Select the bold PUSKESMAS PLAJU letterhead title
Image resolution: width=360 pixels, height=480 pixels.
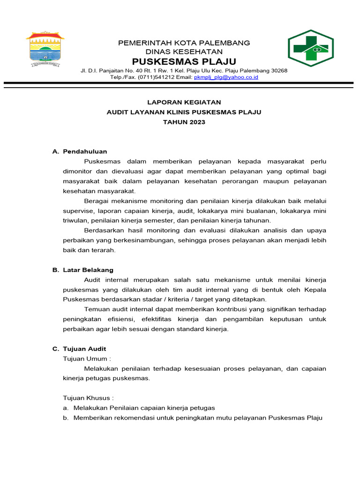point(184,62)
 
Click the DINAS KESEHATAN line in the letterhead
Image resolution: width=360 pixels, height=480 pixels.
point(184,52)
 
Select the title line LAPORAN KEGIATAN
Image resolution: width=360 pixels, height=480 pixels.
point(184,102)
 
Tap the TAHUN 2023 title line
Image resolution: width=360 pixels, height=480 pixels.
point(184,122)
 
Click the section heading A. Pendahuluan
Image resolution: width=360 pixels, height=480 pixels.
point(80,151)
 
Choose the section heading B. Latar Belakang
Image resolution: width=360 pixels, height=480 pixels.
point(82,270)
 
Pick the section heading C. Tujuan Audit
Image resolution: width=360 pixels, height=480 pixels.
point(79,349)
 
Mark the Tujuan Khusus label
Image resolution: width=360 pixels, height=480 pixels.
point(88,398)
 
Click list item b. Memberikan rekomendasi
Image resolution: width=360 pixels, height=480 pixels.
point(192,418)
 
